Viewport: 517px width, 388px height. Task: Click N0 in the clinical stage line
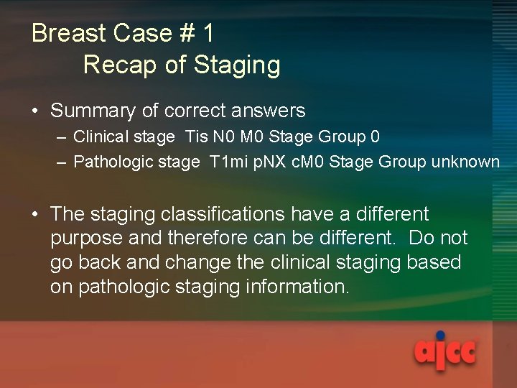pyautogui.click(x=223, y=137)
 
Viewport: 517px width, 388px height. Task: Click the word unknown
pyautogui.click(x=465, y=162)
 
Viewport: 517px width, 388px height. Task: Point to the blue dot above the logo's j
pyautogui.click(x=439, y=335)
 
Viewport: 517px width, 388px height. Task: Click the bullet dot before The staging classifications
pyautogui.click(x=36, y=214)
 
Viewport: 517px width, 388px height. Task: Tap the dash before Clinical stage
pyautogui.click(x=62, y=137)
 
